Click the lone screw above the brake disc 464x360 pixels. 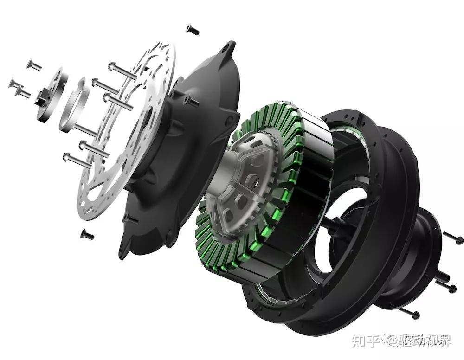(x=193, y=29)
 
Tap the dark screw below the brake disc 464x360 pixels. (x=87, y=235)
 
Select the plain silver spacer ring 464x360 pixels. (x=74, y=105)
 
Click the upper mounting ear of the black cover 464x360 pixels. (x=227, y=50)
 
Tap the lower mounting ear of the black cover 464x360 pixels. (x=126, y=249)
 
